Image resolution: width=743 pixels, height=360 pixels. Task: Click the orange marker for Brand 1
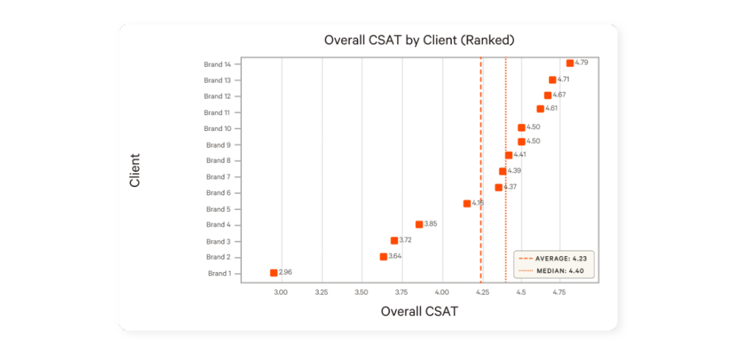tap(273, 272)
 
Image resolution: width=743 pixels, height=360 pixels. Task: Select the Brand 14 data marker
tap(570, 63)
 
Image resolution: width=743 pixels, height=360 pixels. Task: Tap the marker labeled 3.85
tap(419, 224)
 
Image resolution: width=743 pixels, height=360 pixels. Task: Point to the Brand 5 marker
tap(467, 203)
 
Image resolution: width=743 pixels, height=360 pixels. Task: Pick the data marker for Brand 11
tap(540, 109)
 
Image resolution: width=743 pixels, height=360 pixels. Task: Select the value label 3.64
tap(395, 256)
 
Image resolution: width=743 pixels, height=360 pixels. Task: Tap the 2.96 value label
tap(285, 272)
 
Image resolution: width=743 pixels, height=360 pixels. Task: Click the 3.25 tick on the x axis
tap(322, 291)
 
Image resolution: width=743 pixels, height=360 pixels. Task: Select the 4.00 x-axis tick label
tap(442, 291)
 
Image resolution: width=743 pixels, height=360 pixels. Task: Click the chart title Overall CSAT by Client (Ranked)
tap(420, 40)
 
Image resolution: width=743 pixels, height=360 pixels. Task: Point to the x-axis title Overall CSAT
tap(420, 311)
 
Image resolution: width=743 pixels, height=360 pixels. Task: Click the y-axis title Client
tap(135, 170)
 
